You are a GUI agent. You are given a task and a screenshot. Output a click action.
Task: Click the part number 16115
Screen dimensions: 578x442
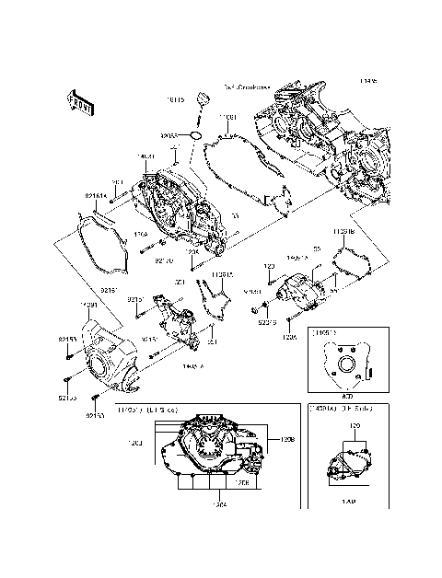[175, 98]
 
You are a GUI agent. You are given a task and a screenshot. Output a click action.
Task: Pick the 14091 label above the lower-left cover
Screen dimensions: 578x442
[88, 305]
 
